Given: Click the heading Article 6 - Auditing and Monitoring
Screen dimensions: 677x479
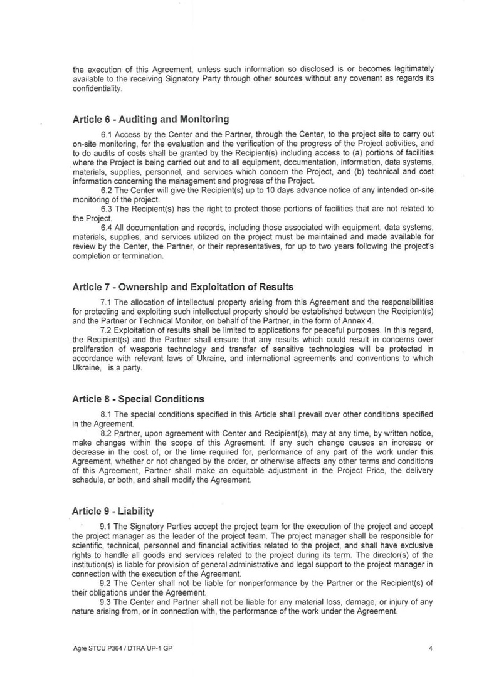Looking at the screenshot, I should coord(150,119).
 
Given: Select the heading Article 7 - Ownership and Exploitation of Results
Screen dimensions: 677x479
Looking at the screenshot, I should coord(182,287).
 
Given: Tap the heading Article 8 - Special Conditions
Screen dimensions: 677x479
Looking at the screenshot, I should coord(138,399).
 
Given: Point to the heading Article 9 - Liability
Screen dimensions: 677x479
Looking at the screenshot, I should coord(113,511).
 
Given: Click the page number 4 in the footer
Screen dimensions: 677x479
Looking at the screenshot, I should coord(431,648).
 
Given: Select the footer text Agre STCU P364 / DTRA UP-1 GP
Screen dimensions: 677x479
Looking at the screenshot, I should coord(122,648).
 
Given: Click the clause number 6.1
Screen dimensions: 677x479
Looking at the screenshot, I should coord(106,134).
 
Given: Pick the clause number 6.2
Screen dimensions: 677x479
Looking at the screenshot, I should coord(106,191).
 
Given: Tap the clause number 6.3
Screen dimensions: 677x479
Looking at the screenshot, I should coord(106,209).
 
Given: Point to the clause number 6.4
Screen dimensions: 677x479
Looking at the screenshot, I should coord(106,227).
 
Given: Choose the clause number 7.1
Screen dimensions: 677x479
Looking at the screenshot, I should coord(106,302).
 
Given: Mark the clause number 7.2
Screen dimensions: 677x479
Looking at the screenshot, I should coord(106,330).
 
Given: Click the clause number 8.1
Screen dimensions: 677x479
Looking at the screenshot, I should coord(106,414).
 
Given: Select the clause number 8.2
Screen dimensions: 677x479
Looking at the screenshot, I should coord(106,433).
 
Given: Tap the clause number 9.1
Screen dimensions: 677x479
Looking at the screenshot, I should coord(106,526).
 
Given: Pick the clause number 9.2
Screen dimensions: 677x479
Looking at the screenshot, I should coord(106,583).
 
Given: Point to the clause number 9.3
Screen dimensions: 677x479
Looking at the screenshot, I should coord(106,602).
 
